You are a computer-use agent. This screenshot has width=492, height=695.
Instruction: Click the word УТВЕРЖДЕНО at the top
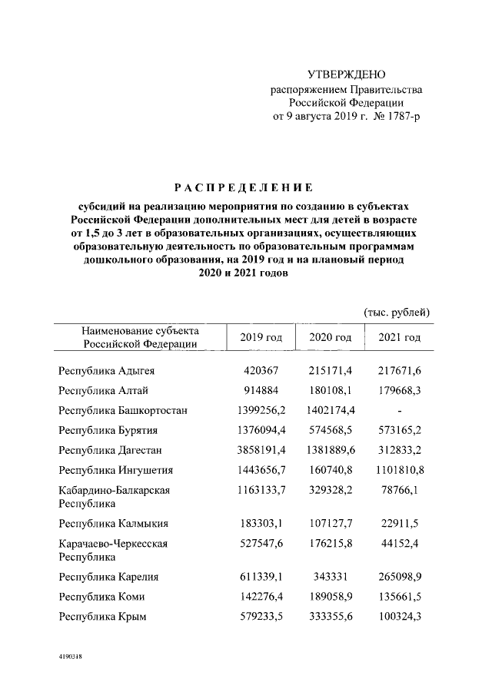pos(345,74)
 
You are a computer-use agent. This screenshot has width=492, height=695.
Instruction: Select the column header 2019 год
pos(261,338)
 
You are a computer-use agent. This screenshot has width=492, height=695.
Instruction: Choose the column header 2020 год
pos(331,338)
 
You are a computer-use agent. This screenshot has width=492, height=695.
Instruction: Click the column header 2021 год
pos(400,338)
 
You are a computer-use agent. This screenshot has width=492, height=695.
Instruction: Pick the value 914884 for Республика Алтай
pos(261,390)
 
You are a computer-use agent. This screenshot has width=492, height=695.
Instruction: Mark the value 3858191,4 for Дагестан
pos(261,450)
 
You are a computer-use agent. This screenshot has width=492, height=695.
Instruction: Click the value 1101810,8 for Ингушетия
pos(400,470)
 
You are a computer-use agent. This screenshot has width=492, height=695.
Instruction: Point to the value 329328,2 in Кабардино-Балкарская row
pos(331,490)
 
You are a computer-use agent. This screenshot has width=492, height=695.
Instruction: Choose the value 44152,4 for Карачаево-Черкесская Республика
pos(400,544)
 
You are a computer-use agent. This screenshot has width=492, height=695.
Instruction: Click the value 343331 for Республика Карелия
pos(331,576)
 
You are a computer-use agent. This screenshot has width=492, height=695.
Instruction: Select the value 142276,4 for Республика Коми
pos(261,596)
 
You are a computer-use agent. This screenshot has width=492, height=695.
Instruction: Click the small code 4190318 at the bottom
pos(71,657)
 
